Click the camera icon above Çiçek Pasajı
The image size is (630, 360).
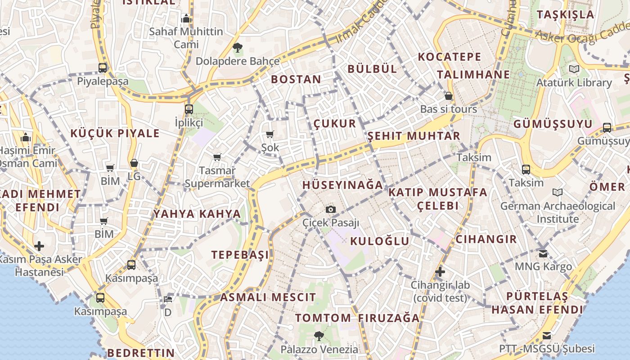click(331, 209)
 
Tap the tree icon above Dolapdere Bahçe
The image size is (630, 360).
click(237, 47)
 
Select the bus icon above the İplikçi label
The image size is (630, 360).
click(189, 109)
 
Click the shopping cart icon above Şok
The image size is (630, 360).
click(270, 134)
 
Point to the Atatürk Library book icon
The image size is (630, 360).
click(574, 69)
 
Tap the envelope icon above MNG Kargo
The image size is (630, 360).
click(543, 253)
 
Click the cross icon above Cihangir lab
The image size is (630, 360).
click(440, 272)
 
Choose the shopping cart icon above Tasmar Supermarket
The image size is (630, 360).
click(217, 157)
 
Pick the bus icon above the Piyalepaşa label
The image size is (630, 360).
click(103, 68)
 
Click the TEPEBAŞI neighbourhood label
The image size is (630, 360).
click(240, 255)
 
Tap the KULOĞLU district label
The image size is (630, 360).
click(380, 241)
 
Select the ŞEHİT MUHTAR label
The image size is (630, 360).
click(414, 136)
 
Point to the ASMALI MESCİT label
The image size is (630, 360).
click(268, 297)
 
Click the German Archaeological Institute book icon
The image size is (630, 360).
click(558, 193)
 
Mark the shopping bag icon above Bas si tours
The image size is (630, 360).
click(448, 96)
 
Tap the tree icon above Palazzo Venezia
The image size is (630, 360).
click(319, 335)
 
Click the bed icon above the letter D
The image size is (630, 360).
click(168, 299)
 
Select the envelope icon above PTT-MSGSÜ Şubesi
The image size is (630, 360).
click(547, 336)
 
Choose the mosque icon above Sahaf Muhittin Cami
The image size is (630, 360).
click(186, 19)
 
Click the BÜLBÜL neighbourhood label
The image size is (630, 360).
click(372, 69)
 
